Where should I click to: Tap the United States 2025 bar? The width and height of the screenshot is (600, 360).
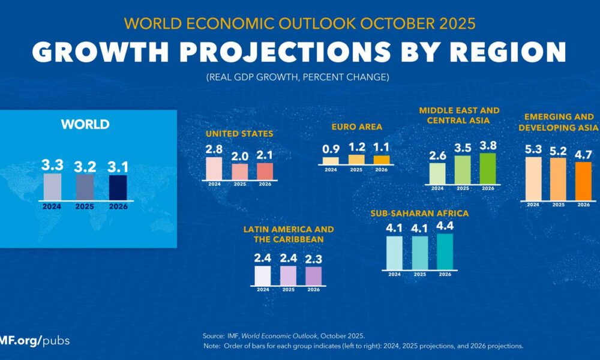point(239,171)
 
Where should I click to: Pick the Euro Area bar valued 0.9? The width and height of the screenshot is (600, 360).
point(331,161)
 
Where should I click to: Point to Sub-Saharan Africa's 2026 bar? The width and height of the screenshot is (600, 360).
point(445,251)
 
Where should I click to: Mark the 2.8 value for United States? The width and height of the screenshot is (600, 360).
point(214,148)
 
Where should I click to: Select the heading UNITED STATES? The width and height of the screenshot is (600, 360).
point(239,134)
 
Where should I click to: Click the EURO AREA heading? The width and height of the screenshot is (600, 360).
point(357,127)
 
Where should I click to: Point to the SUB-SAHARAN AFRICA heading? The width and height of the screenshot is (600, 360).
point(420,213)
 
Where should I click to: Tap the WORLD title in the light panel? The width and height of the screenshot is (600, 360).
point(85,125)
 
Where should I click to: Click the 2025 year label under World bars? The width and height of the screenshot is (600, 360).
point(85,205)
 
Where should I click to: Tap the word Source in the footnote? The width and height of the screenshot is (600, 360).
point(214,335)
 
